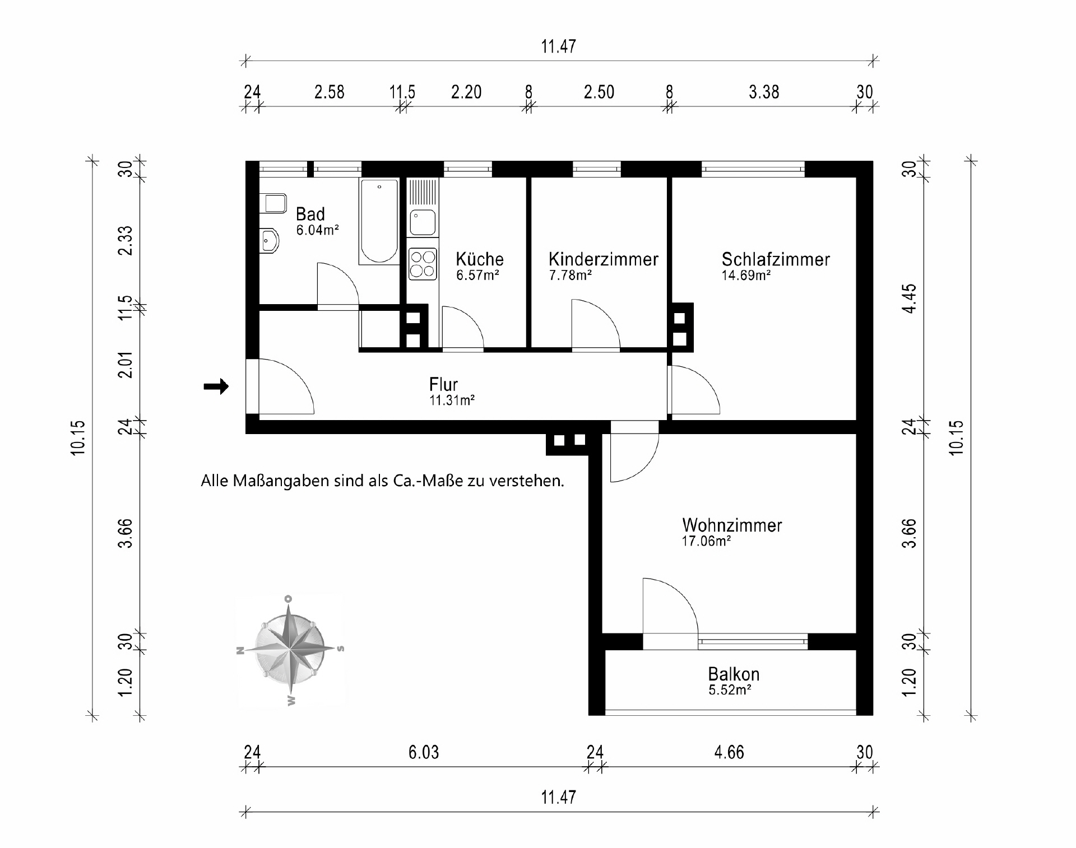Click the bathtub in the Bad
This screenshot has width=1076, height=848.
pyautogui.click(x=379, y=221)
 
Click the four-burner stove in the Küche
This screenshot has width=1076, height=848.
pyautogui.click(x=423, y=264)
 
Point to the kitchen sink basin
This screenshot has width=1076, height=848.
pyautogui.click(x=423, y=222)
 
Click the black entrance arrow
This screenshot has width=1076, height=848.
pyautogui.click(x=216, y=386)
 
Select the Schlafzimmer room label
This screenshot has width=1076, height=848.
pyautogui.click(x=775, y=259)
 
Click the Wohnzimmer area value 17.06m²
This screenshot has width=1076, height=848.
pyautogui.click(x=706, y=541)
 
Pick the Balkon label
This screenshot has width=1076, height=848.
pyautogui.click(x=734, y=674)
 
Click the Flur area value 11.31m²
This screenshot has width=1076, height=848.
pyautogui.click(x=452, y=400)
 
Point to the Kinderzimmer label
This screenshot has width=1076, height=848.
pyautogui.click(x=603, y=259)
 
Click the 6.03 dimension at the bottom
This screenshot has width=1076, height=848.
pyautogui.click(x=423, y=752)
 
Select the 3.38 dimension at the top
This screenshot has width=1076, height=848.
pyautogui.click(x=764, y=92)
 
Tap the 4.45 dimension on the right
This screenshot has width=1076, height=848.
pyautogui.click(x=910, y=299)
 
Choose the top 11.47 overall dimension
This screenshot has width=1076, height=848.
pyautogui.click(x=558, y=46)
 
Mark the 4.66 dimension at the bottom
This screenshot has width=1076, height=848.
pyautogui.click(x=729, y=752)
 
